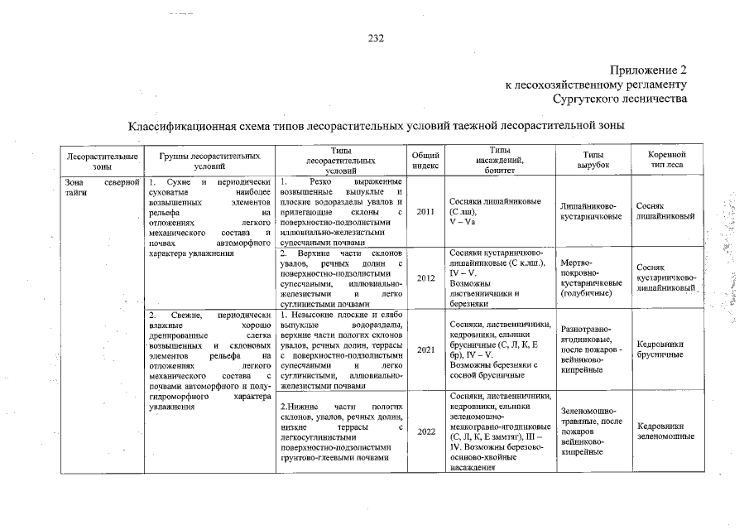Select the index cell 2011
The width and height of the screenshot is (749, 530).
click(426, 211)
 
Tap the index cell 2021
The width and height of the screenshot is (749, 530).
click(426, 349)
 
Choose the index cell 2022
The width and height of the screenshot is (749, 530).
click(426, 431)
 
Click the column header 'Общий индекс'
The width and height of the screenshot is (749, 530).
click(426, 161)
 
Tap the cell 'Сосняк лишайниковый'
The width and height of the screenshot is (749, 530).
click(665, 211)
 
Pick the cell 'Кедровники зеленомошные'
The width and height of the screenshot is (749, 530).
click(665, 431)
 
